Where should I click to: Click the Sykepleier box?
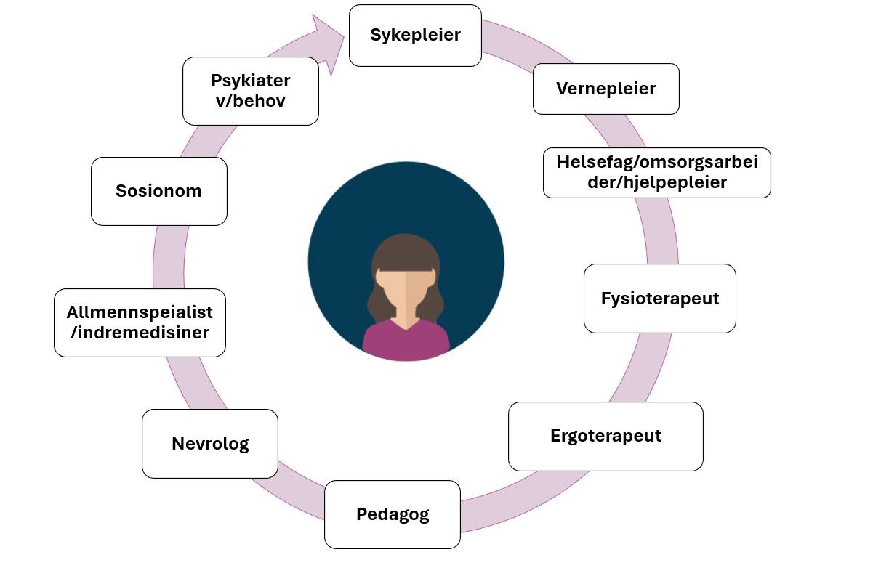(x=415, y=36)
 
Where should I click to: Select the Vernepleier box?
(x=606, y=89)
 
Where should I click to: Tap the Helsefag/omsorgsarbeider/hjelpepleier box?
(x=656, y=173)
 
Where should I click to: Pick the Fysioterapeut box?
(x=659, y=299)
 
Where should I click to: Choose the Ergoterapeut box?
(x=605, y=436)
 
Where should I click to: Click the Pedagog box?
(x=392, y=514)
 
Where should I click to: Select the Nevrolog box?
(x=209, y=444)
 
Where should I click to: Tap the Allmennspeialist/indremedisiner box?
(x=140, y=322)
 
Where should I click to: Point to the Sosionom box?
(x=158, y=192)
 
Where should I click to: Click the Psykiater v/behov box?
(x=250, y=91)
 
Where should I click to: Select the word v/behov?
(x=250, y=100)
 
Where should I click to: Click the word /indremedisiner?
(x=140, y=333)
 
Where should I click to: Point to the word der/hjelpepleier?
(x=657, y=182)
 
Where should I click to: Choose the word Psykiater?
(x=250, y=81)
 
